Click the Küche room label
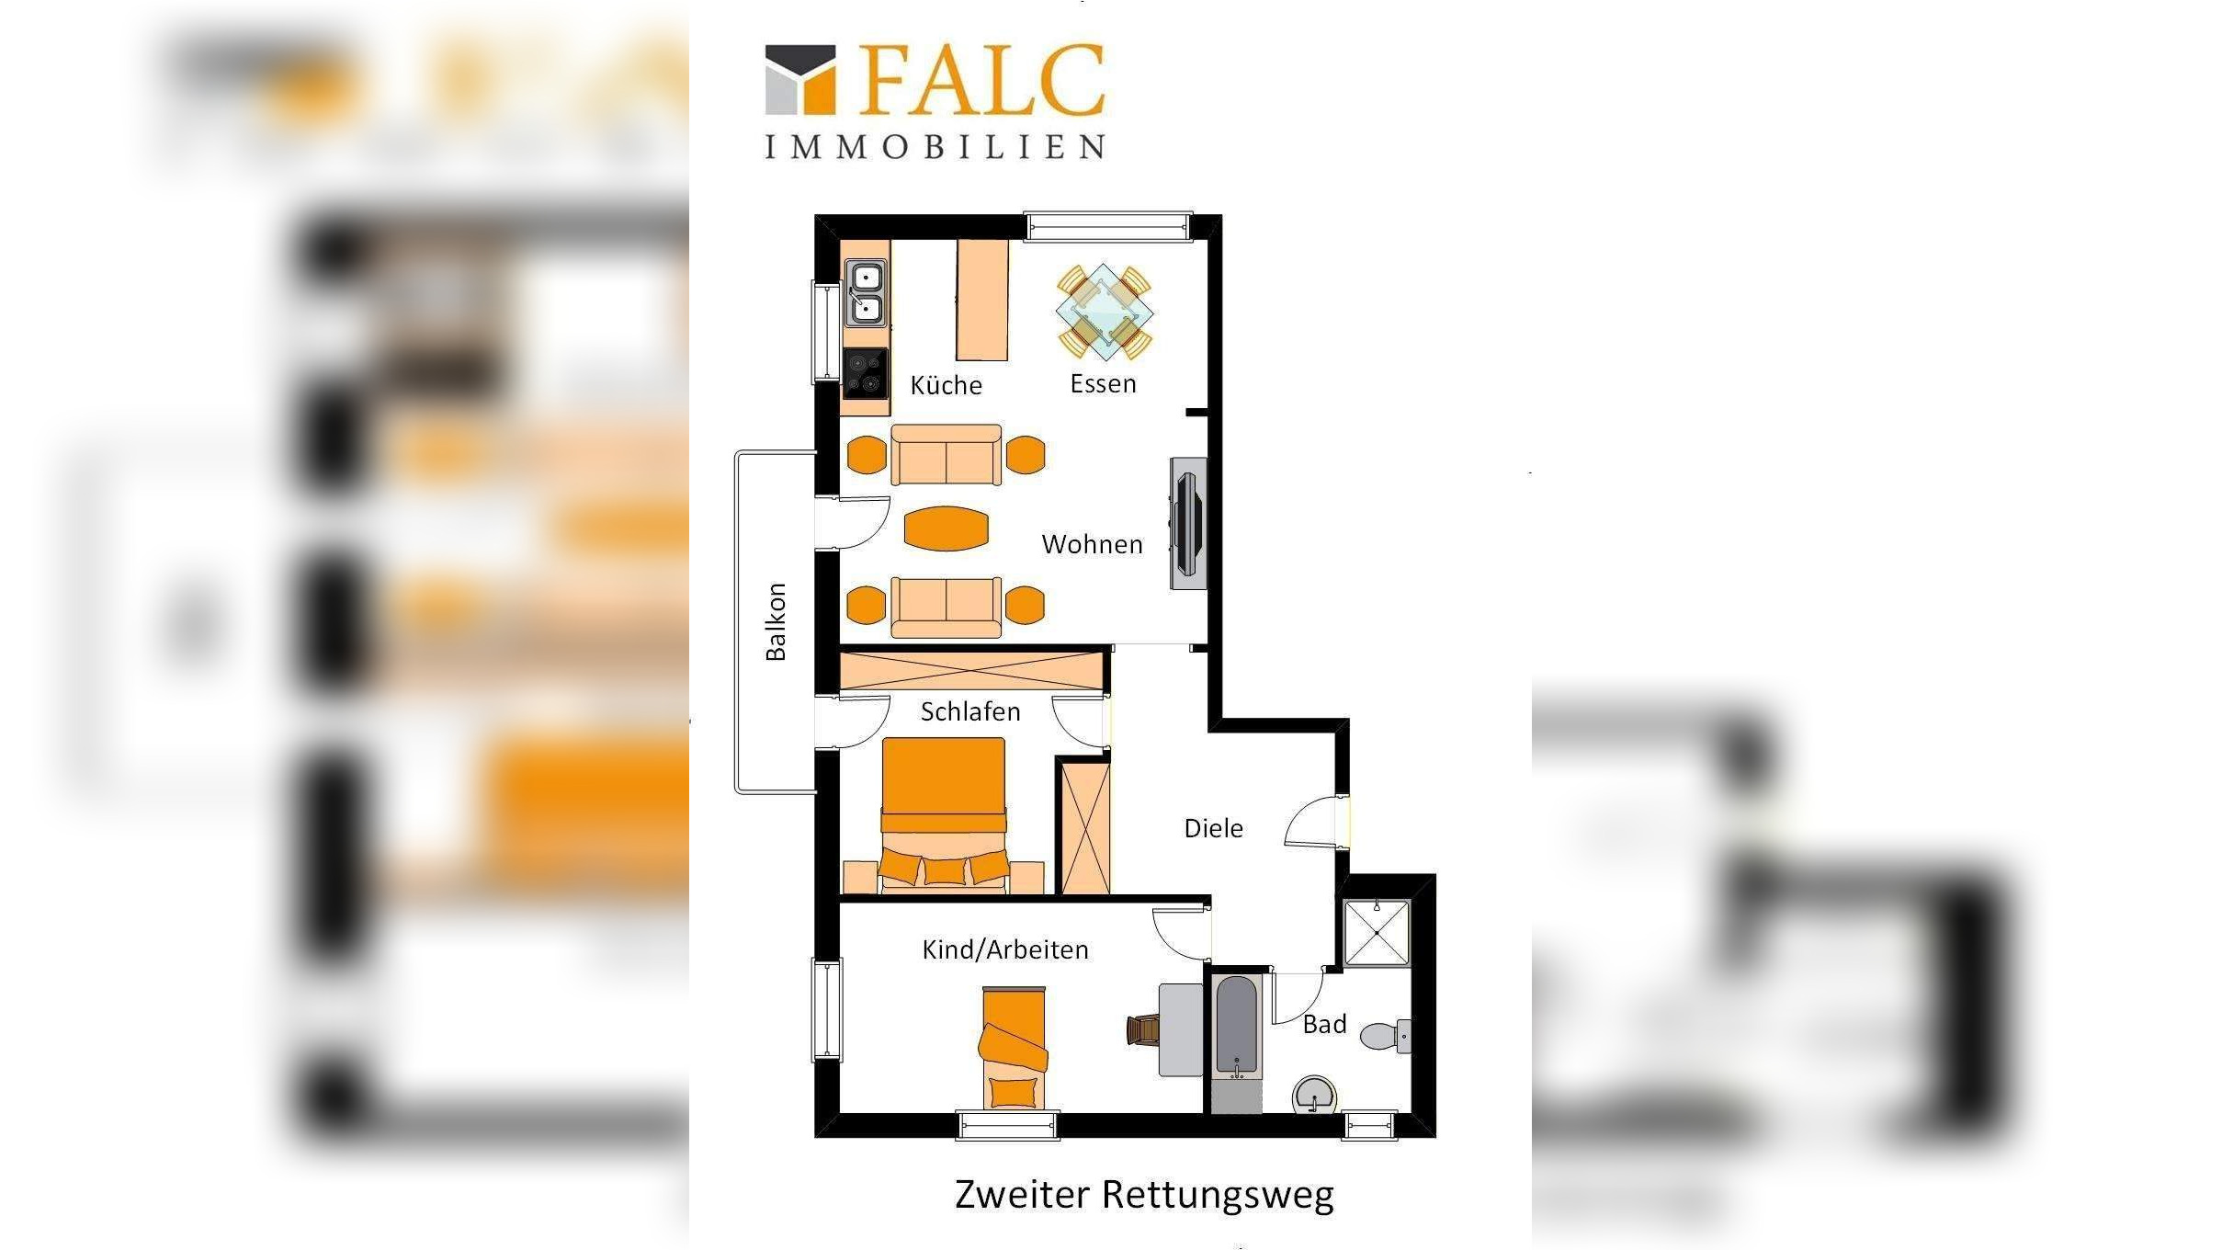coord(946,385)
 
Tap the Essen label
coord(1103,383)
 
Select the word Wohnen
coord(1092,544)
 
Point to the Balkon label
coord(776,621)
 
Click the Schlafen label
coord(970,711)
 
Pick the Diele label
coord(1213,828)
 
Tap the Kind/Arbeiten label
coord(1005,949)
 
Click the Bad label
coord(1324,1024)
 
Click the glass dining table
coord(1104,312)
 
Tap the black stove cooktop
coord(865,373)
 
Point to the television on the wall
coord(1187,524)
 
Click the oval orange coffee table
coord(946,528)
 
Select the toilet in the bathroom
coord(1386,1036)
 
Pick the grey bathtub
coord(1235,1027)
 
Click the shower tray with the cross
coord(1376,933)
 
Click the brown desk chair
coord(1142,1029)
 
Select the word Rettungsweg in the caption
coord(1218,1195)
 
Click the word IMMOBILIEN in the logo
coord(935,147)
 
